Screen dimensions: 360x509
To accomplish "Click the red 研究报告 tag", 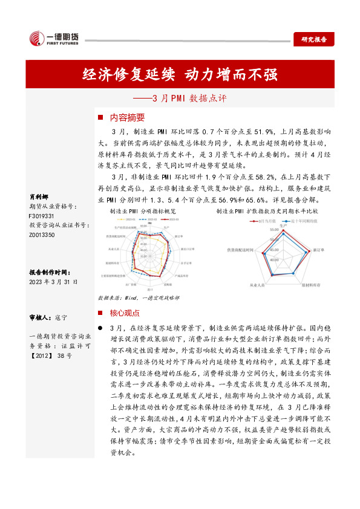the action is click(x=314, y=39).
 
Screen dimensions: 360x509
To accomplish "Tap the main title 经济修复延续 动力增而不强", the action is click(x=180, y=75).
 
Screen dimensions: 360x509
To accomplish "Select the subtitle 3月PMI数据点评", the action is click(x=180, y=97).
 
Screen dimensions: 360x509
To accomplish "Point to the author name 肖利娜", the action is click(x=39, y=197).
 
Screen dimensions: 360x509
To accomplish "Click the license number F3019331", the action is click(x=42, y=215).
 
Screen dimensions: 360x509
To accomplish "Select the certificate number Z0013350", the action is click(x=42, y=234).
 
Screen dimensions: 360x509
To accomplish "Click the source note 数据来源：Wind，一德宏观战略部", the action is click(x=138, y=299).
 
